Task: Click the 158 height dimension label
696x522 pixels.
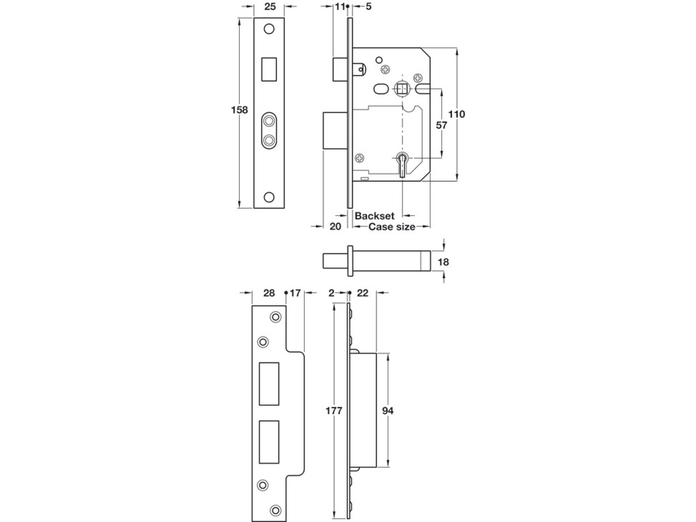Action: (x=239, y=110)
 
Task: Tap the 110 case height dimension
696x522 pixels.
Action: (x=457, y=114)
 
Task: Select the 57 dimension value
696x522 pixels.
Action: (x=442, y=125)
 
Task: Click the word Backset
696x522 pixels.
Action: (x=374, y=216)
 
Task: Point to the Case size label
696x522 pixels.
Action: (x=392, y=227)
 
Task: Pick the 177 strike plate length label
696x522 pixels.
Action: (x=334, y=411)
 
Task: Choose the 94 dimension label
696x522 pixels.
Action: (x=388, y=411)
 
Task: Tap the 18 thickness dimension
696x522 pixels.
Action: (x=443, y=262)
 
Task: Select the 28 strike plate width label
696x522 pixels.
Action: (x=269, y=293)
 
